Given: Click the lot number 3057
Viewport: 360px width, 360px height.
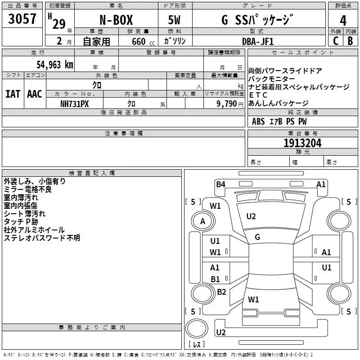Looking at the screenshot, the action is click(22, 19).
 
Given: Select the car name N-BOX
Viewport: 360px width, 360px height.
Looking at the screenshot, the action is click(116, 20).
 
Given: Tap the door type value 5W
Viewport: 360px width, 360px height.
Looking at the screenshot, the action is click(174, 20).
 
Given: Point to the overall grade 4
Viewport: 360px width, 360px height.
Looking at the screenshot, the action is click(343, 21).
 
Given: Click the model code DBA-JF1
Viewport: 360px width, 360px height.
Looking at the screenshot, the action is click(258, 41).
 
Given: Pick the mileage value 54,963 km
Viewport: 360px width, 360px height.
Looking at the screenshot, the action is click(55, 65).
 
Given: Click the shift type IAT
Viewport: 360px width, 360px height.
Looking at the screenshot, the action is click(13, 94).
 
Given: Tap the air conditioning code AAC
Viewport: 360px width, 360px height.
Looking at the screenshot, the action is click(35, 94).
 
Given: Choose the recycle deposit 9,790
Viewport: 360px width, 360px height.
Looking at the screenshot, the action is click(227, 104).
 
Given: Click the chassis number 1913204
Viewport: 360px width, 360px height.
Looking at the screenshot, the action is click(302, 143).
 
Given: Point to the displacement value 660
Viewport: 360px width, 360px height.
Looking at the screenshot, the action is click(139, 41).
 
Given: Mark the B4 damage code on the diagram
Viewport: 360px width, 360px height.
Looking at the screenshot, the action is click(220, 184).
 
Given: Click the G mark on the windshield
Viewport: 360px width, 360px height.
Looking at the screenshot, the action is click(257, 237).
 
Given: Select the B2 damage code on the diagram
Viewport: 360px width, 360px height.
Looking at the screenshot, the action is click(221, 292).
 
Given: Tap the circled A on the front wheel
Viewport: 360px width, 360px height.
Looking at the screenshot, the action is click(203, 221).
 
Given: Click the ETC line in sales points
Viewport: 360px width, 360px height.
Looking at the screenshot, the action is click(258, 95).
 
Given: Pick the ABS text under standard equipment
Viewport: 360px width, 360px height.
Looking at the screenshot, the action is click(258, 121).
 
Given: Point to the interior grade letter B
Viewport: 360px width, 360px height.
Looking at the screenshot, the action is click(351, 41).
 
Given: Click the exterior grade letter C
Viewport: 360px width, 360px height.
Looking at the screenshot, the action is click(336, 41).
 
